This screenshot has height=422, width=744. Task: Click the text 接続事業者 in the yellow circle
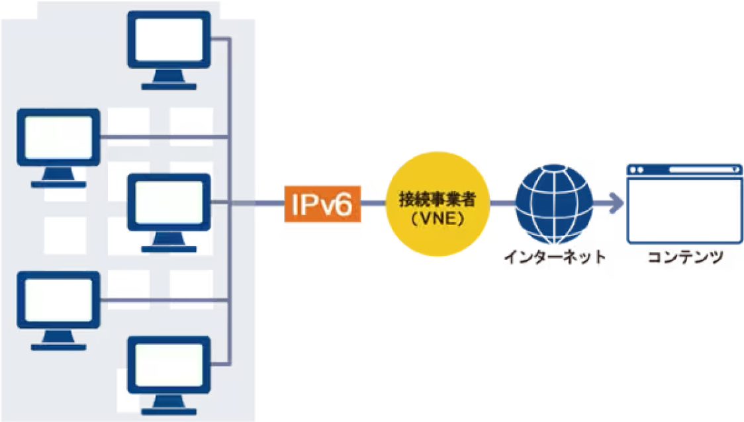point(438,199)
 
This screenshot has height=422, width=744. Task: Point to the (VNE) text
point(436,218)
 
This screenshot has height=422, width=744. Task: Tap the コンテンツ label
point(684,259)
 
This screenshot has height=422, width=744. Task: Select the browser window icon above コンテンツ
point(684,204)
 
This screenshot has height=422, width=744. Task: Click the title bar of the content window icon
point(684,171)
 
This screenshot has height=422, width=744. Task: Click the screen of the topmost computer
point(169,40)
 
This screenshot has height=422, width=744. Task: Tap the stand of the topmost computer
point(169,78)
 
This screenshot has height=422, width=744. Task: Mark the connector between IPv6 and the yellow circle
point(375,203)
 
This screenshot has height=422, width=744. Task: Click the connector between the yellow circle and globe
point(504,204)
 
